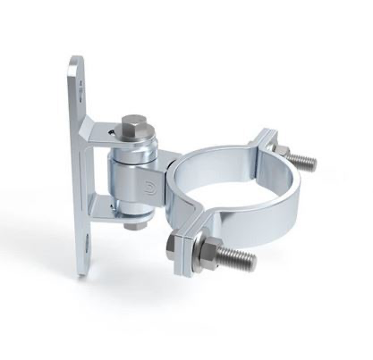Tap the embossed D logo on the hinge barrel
tap(147, 190)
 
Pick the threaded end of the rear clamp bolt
tap(302, 161)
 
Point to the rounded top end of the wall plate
tap(77, 64)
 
